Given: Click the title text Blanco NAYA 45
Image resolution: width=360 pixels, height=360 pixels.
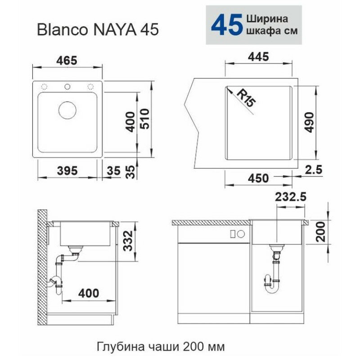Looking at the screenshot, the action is (98, 30).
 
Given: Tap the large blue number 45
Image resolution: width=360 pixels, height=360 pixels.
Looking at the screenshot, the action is (227, 25).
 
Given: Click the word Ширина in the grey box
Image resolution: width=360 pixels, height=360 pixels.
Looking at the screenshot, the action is (267, 19).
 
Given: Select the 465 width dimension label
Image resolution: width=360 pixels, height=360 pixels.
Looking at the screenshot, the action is (67, 61).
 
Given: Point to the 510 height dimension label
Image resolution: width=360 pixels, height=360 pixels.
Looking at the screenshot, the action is (145, 119).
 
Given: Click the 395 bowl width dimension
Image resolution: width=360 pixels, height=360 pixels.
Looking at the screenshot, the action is (67, 171).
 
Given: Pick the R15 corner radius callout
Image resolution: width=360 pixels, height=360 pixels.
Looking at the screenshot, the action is (246, 98).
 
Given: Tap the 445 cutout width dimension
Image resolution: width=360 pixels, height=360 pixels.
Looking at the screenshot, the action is (258, 57).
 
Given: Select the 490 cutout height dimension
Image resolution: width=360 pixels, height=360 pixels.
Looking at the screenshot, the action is (310, 122).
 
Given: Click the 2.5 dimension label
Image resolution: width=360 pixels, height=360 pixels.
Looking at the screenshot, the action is (314, 170).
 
